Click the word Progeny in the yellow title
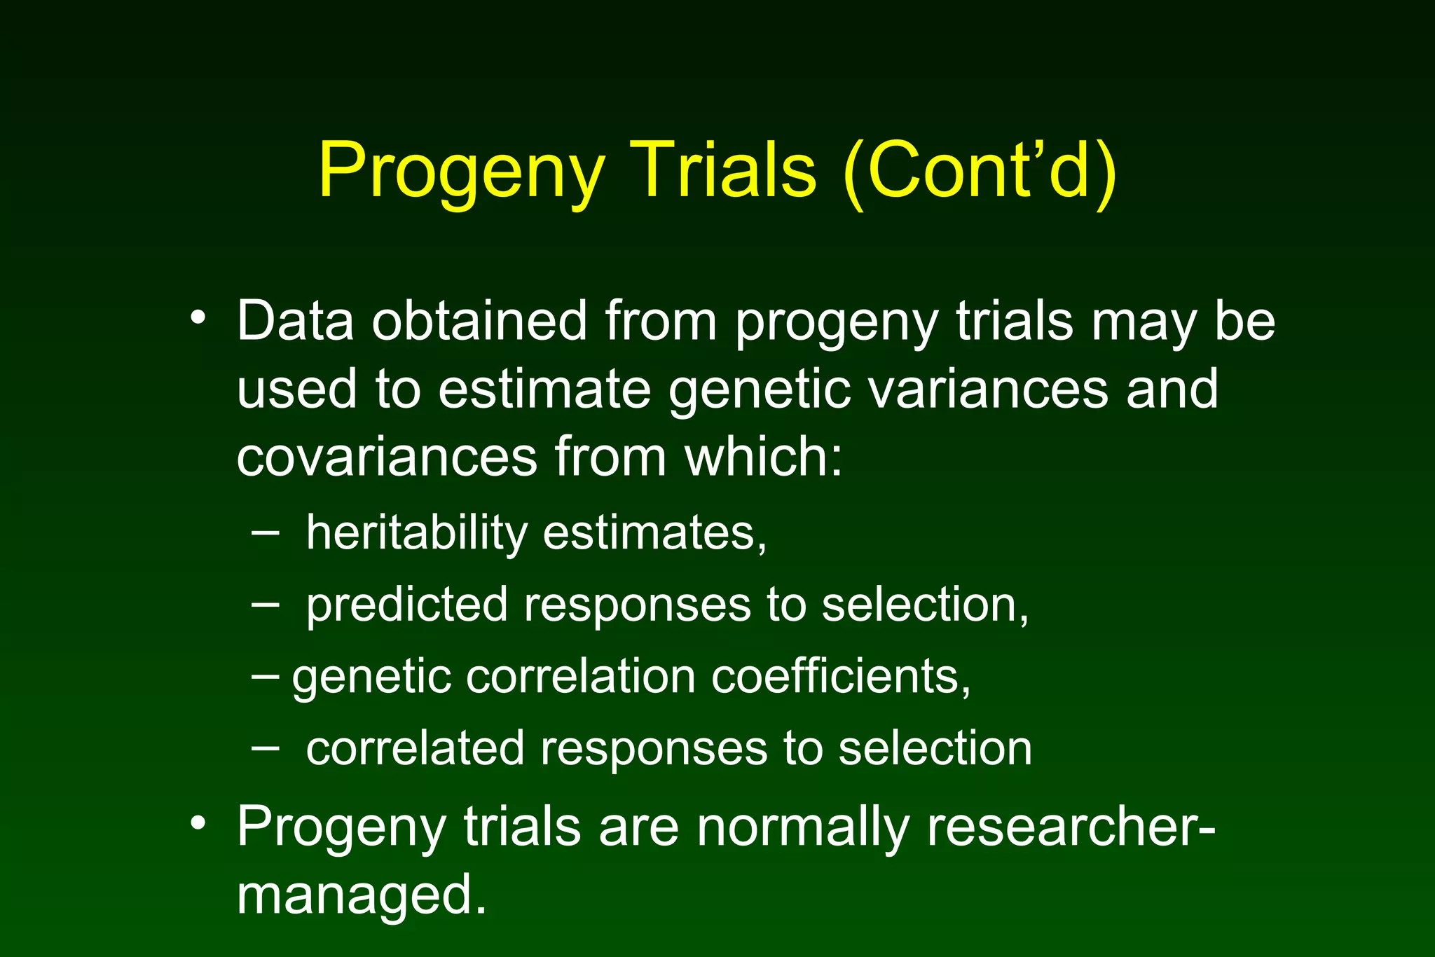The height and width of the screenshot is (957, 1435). point(461,172)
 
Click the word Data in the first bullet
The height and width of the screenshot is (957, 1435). point(294,321)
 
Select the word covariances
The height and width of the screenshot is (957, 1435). point(386,457)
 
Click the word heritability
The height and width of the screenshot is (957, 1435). point(416,533)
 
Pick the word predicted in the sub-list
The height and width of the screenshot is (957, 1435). point(406,605)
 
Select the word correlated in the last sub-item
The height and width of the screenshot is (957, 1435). point(415,748)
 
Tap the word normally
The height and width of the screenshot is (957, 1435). point(802,827)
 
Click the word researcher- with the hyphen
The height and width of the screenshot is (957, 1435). point(1071,827)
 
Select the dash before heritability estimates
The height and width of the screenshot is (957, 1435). point(265,533)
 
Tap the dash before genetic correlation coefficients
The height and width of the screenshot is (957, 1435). point(265,676)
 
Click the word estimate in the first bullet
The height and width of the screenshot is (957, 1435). point(544,389)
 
